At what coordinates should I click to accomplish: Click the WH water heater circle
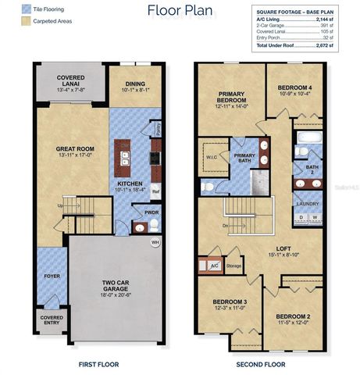click(156, 242)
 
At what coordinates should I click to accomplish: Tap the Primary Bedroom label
click(232, 97)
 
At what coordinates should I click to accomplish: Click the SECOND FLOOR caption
click(260, 363)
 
